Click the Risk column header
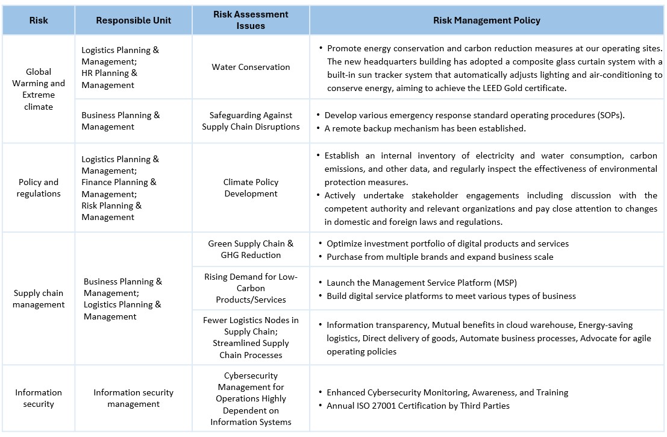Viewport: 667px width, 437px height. click(x=39, y=20)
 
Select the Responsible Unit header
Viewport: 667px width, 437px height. click(x=133, y=20)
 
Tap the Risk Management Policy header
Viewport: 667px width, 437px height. click(x=486, y=20)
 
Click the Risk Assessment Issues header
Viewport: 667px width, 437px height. click(x=251, y=20)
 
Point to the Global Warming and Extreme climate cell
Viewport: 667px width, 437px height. click(x=39, y=89)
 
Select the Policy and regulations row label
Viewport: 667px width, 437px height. click(x=39, y=187)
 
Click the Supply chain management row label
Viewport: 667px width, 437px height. click(x=39, y=298)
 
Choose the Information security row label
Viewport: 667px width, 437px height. click(x=39, y=398)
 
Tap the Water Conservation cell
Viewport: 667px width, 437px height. click(x=251, y=67)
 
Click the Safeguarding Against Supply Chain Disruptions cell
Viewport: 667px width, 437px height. click(x=251, y=121)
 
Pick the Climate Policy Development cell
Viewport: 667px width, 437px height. click(x=251, y=187)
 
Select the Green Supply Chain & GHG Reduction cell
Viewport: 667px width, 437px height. click(x=251, y=249)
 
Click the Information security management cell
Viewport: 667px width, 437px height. click(x=133, y=398)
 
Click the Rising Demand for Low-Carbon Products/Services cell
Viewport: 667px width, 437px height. click(x=251, y=288)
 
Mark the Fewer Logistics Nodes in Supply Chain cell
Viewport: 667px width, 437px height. click(x=251, y=337)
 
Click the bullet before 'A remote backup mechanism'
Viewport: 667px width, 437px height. click(x=319, y=128)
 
